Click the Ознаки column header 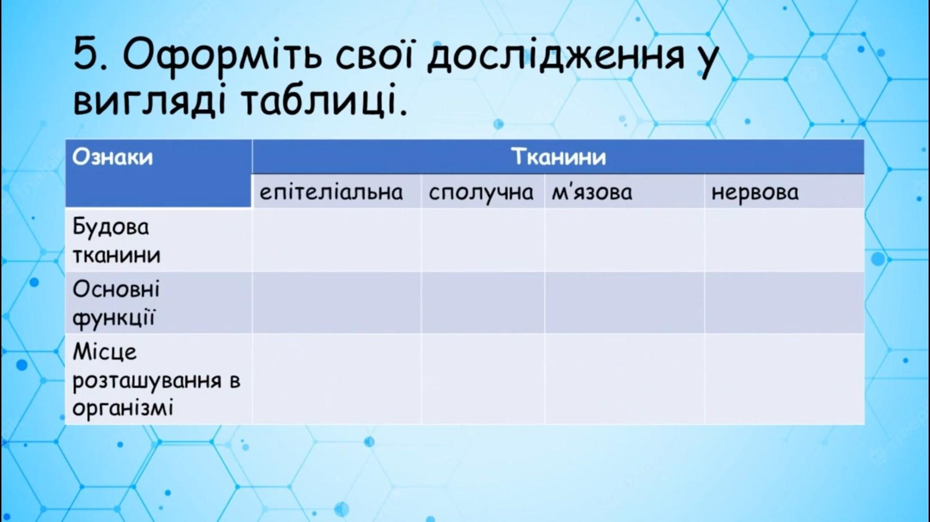pos(113,157)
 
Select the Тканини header pos(558,157)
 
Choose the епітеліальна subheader pos(331,192)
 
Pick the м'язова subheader pos(592,192)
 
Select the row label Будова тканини pos(116,241)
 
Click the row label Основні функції pos(116,304)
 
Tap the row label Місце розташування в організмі pos(156,380)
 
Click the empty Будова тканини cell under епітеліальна pos(337,240)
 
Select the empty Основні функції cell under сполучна pos(483,303)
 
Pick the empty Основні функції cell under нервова pos(784,303)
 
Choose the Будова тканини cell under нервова pos(784,240)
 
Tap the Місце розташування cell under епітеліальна pos(337,379)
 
